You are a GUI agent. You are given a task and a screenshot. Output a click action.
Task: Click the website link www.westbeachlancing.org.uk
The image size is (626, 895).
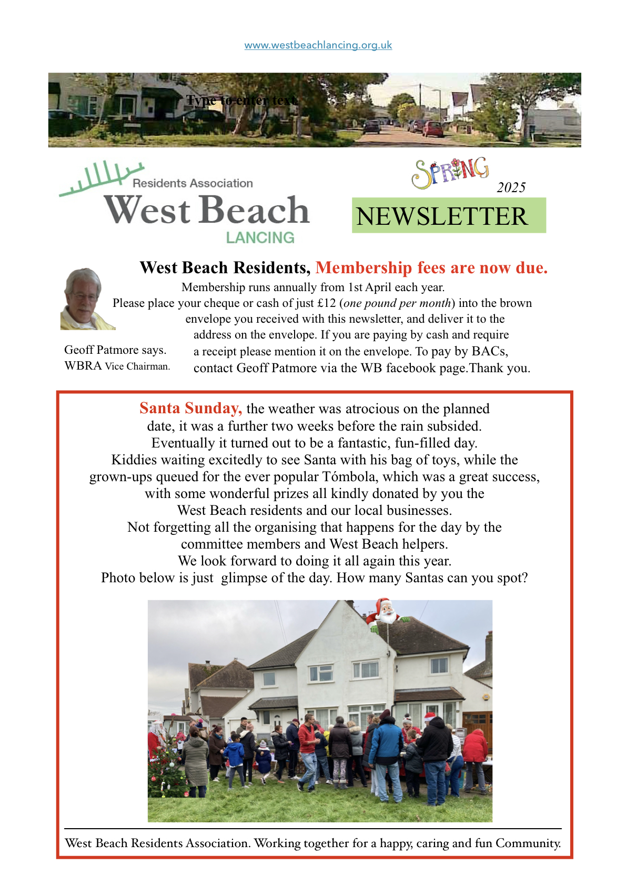tap(318, 45)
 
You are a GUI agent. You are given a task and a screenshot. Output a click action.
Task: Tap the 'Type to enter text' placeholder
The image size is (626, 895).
tap(242, 100)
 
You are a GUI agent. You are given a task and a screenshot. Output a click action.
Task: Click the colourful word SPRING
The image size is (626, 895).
tap(450, 172)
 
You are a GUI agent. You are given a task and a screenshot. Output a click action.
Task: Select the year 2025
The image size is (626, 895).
tap(511, 187)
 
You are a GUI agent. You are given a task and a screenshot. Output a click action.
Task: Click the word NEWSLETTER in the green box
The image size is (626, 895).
tap(441, 216)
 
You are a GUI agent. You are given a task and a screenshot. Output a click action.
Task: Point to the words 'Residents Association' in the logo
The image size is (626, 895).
tap(193, 183)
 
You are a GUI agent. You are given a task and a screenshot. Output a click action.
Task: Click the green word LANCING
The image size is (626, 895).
tap(260, 238)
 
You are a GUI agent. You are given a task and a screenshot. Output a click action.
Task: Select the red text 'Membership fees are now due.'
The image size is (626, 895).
tap(431, 268)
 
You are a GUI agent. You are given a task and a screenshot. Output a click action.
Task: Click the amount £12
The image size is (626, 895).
tap(326, 303)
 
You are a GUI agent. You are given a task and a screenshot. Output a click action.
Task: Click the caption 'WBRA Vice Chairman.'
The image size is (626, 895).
tap(117, 366)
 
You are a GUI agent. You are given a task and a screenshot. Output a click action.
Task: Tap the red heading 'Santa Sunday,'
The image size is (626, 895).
tap(190, 409)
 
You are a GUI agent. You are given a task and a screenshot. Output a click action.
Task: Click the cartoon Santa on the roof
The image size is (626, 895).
tap(385, 612)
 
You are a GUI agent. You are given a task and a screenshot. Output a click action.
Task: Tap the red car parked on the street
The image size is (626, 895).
tap(433, 129)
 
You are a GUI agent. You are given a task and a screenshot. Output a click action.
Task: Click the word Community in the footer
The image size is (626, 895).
tap(528, 843)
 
